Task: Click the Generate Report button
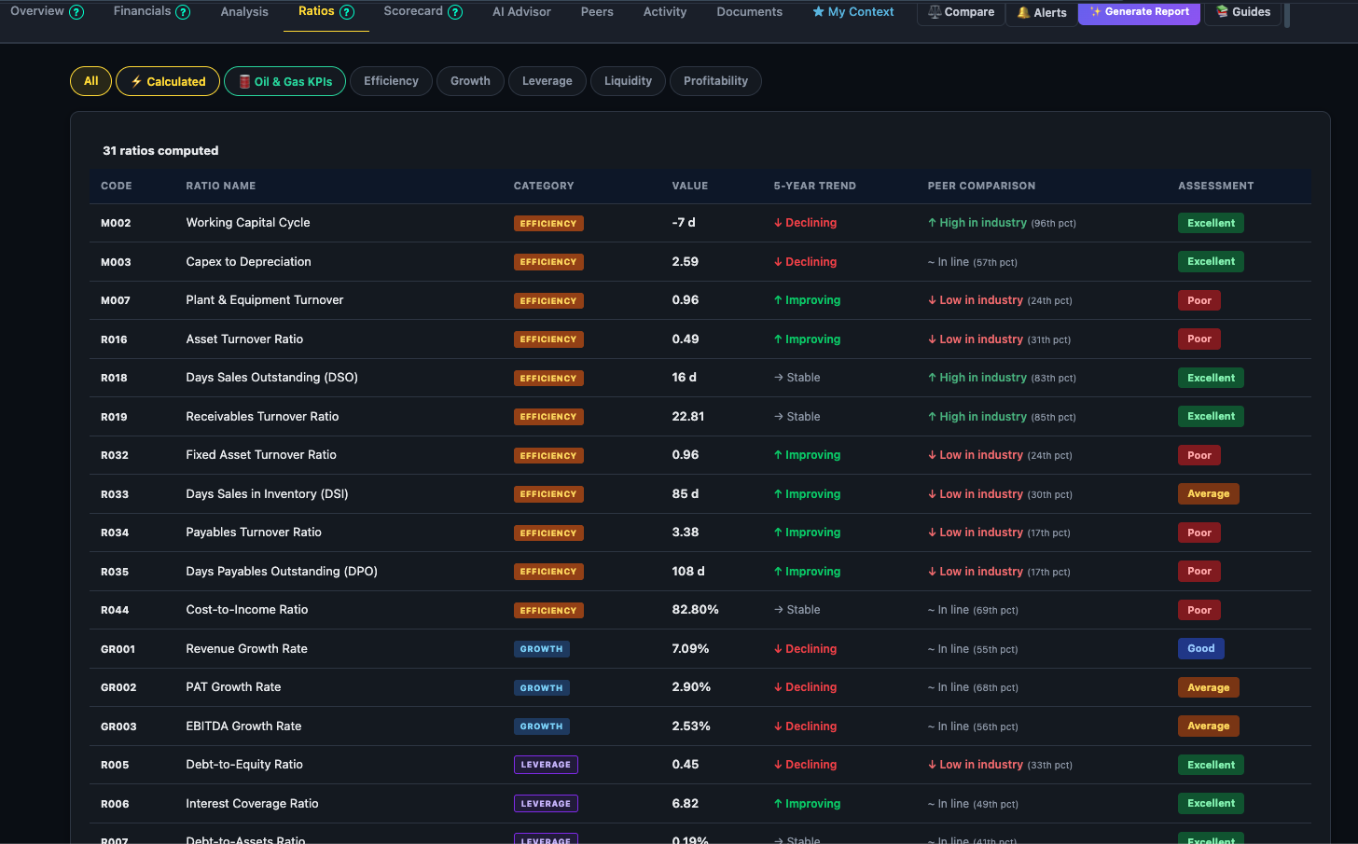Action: [1139, 12]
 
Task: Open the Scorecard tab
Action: [413, 11]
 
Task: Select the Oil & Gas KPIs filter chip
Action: [284, 81]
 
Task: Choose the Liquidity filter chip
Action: [628, 81]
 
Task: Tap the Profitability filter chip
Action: [715, 81]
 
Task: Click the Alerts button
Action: [1042, 12]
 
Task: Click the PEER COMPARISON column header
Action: [981, 186]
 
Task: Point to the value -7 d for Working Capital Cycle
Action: [684, 223]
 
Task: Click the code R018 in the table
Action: [114, 378]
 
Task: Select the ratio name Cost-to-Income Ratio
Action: [247, 610]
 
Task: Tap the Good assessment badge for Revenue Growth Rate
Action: [1200, 648]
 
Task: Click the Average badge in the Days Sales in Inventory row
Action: [1208, 493]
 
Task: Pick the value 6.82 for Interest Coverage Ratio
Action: [686, 803]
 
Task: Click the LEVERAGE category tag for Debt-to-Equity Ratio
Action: [546, 765]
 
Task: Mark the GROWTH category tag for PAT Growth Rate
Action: [541, 687]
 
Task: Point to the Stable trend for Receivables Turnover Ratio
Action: [797, 417]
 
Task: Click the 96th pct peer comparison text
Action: [1053, 224]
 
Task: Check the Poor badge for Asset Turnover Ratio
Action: [1199, 339]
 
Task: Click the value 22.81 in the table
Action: [688, 417]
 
